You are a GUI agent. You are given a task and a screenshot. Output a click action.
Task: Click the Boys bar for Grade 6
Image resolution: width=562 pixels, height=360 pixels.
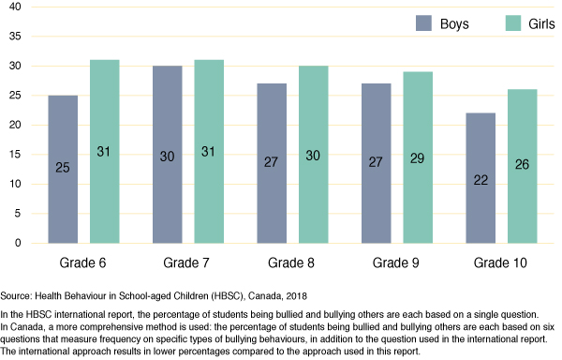point(62,169)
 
